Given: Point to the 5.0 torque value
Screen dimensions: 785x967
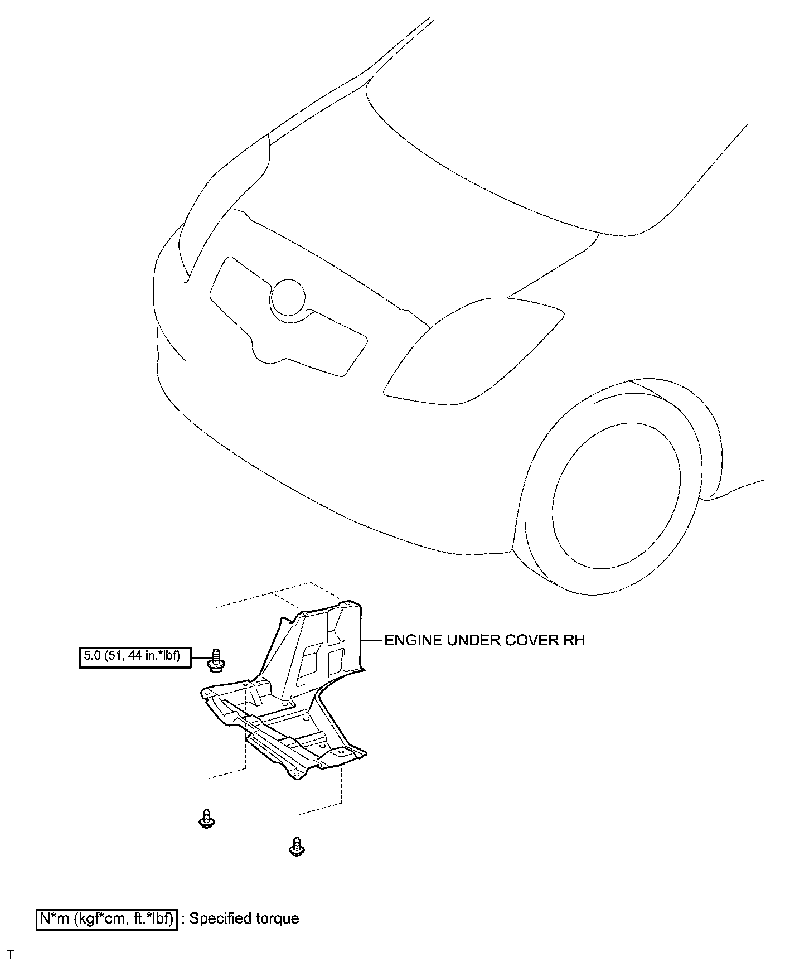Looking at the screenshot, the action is pos(91,656).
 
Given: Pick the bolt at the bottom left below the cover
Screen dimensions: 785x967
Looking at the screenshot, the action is pos(207,819).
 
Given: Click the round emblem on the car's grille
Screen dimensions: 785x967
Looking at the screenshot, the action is pos(288,296).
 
